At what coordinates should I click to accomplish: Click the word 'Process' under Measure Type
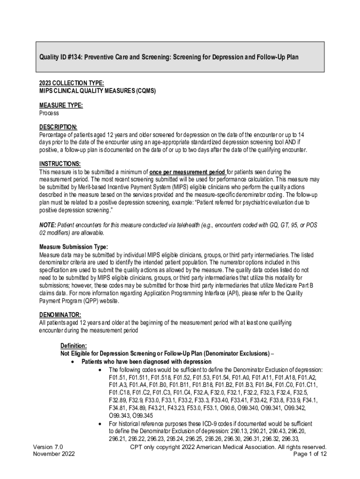pos(49,113)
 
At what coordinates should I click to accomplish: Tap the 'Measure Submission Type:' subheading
pos(73,247)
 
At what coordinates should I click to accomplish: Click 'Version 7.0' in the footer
pos(48,447)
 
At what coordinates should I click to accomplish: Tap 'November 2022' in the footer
pos(54,454)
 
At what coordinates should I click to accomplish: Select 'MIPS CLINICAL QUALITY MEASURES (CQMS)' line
pos(97,90)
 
